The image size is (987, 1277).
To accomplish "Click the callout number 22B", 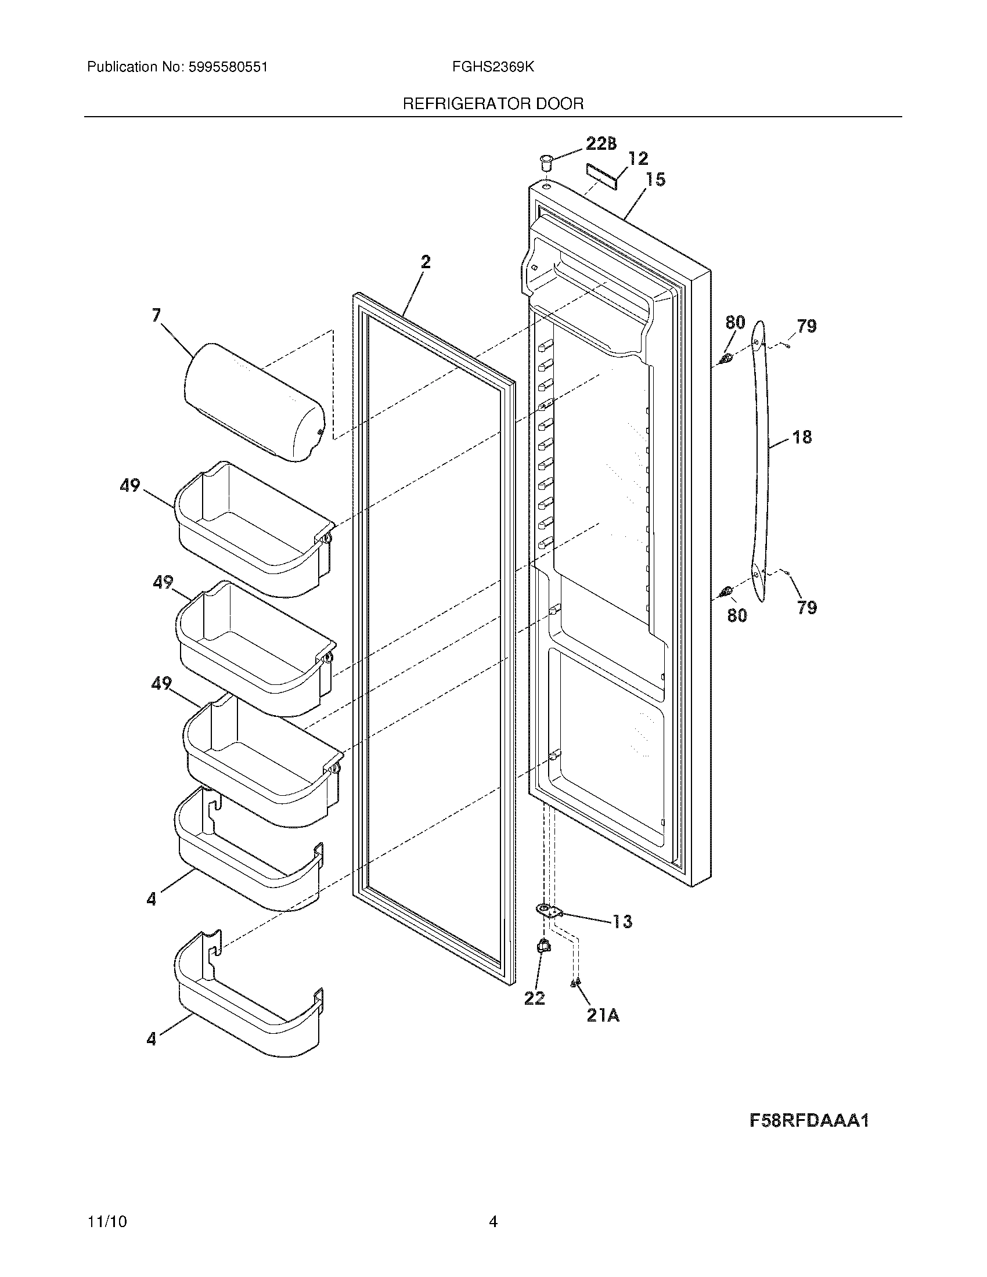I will [600, 144].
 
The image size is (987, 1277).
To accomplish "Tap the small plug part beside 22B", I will [546, 160].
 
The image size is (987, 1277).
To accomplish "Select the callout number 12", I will [638, 158].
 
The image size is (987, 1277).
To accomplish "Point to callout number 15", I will [656, 179].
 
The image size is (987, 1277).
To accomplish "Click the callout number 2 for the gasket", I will [426, 262].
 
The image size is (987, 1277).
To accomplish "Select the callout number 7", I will [156, 316].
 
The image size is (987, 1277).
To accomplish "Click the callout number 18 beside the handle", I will [802, 437].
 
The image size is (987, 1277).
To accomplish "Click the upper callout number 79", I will [806, 326].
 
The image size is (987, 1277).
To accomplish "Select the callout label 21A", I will [603, 1016].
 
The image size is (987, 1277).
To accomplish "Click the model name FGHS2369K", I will [492, 67].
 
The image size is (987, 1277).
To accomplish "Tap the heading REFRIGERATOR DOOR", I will [493, 104].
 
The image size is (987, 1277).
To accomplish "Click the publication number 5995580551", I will [228, 67].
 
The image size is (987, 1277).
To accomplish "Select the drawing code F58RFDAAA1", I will [809, 1120].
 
